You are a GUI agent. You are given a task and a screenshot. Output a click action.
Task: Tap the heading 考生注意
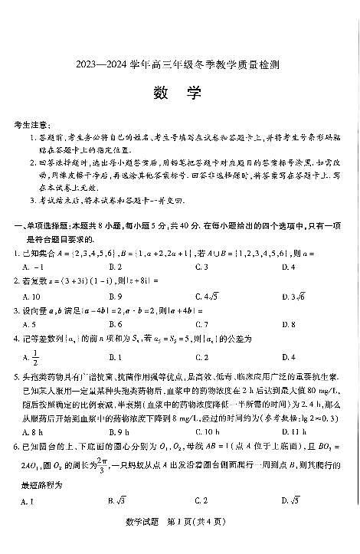pos(33,124)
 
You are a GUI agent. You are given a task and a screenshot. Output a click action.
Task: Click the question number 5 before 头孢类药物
pos(17,377)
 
